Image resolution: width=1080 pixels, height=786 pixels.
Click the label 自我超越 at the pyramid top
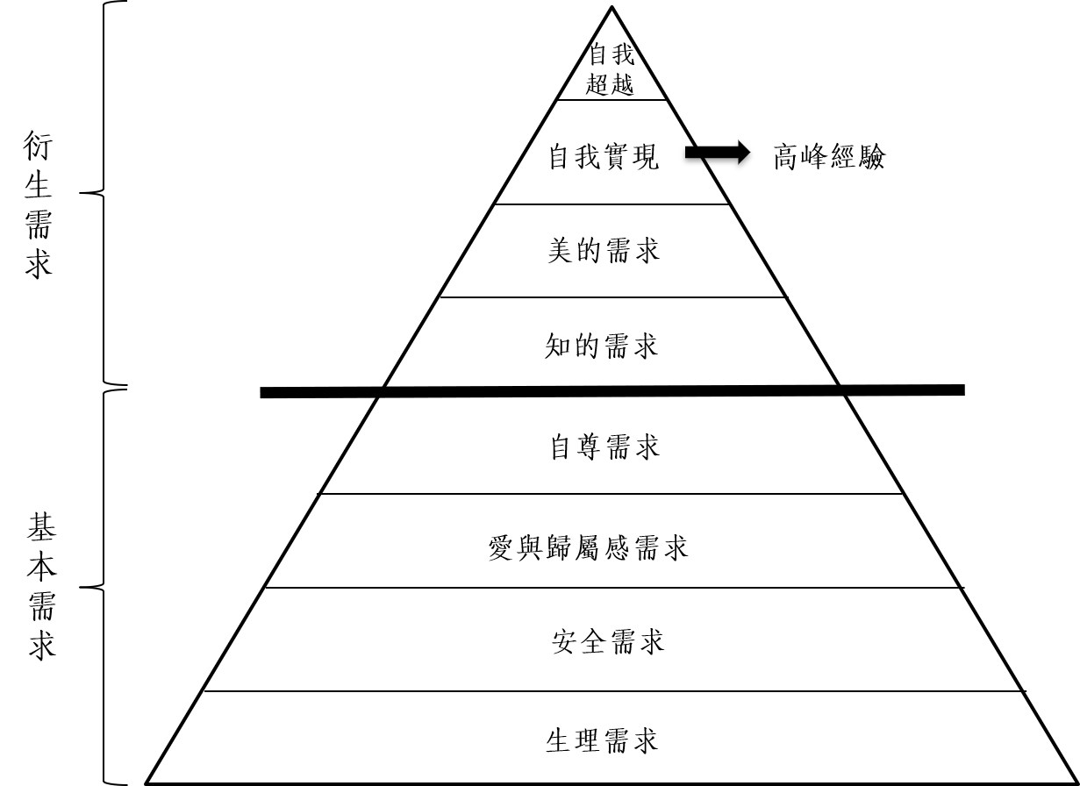(x=610, y=70)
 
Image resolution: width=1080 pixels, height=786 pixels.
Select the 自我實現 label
(x=603, y=158)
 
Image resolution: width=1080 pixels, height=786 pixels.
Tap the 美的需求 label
(x=603, y=252)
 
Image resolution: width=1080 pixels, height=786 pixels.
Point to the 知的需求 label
(x=602, y=347)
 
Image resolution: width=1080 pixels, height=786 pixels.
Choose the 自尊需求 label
(x=604, y=447)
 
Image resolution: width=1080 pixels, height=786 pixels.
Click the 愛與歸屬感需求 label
(x=588, y=547)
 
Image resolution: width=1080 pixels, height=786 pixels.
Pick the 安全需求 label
(x=608, y=641)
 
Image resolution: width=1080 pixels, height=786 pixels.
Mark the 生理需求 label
(x=602, y=740)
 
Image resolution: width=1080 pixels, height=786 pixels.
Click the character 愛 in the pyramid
(x=501, y=547)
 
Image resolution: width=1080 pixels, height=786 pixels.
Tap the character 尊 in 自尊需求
(x=590, y=447)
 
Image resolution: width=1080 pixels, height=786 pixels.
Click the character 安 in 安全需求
(x=566, y=641)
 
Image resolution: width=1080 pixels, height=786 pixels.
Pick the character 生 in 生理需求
(x=559, y=740)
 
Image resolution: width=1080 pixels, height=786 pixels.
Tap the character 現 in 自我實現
(x=646, y=158)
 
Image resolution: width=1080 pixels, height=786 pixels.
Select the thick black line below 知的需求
(x=612, y=391)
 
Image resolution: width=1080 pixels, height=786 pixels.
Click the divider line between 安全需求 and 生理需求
(x=612, y=691)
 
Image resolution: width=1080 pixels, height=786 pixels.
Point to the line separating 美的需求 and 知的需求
(x=612, y=297)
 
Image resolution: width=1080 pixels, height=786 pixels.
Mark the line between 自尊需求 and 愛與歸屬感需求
(x=612, y=494)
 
